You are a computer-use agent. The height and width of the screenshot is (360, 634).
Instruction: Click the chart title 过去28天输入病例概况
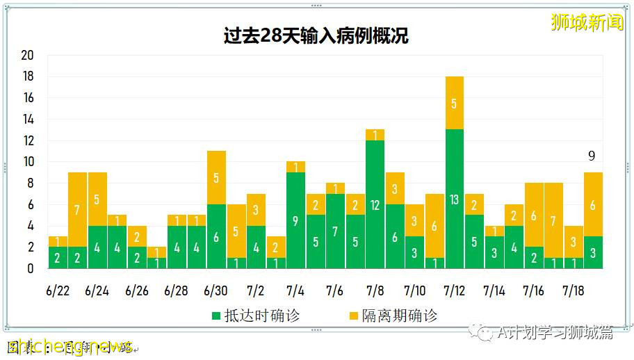(316, 36)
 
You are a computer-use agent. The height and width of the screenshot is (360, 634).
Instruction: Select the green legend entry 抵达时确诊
(255, 316)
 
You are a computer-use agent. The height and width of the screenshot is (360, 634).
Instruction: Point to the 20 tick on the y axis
(28, 56)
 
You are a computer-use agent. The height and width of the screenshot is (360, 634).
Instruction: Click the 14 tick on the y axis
(28, 120)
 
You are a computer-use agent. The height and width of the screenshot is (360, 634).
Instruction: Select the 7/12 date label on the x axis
(454, 290)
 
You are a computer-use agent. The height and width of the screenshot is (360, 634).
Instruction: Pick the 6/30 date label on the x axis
(216, 290)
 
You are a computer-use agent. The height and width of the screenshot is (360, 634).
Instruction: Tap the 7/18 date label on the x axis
(574, 290)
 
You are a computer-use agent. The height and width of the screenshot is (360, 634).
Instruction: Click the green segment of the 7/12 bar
(454, 199)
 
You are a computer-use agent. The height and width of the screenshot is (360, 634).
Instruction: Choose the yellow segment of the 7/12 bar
(454, 103)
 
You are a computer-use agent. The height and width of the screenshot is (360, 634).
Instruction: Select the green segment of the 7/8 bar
(375, 204)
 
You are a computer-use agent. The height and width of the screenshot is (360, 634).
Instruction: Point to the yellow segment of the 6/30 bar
(216, 177)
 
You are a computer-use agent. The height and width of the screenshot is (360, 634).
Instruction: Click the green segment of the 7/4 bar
(295, 220)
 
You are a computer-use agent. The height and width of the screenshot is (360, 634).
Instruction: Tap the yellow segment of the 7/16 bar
(533, 215)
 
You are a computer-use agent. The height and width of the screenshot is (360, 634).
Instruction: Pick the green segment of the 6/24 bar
(97, 247)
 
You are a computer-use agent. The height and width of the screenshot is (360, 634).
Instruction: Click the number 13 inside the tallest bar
(454, 199)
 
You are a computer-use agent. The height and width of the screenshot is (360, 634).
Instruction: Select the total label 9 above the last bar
(592, 156)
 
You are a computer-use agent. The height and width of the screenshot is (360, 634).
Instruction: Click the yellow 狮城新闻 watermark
(587, 22)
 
